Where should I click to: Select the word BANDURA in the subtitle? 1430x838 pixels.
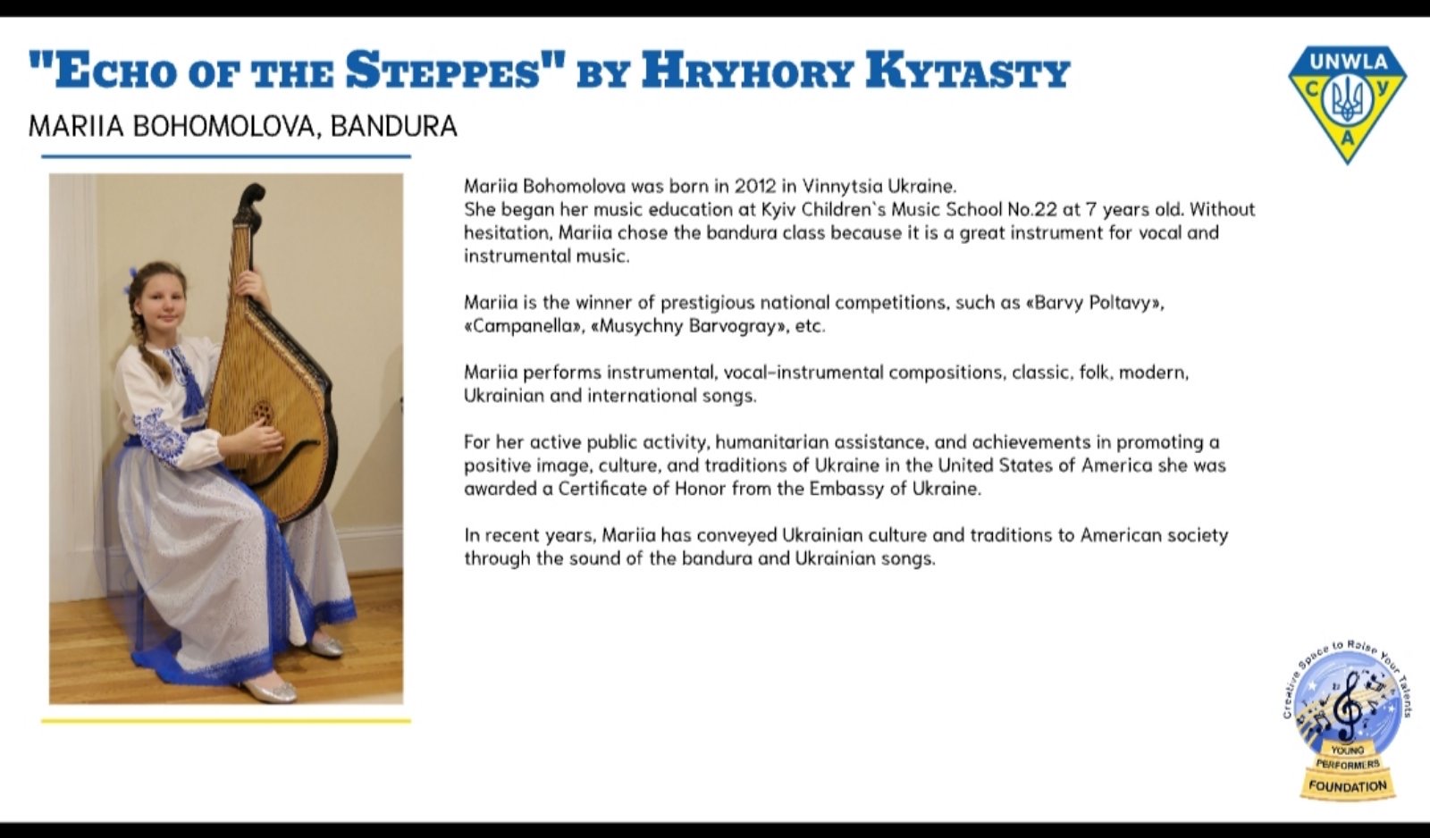click(394, 126)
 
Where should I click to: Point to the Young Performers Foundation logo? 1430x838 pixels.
click(1347, 720)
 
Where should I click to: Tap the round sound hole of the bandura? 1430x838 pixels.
click(263, 412)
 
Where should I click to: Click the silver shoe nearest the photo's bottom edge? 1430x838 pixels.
click(272, 690)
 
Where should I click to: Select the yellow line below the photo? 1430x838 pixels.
click(226, 721)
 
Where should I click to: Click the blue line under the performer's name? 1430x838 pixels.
click(226, 155)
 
